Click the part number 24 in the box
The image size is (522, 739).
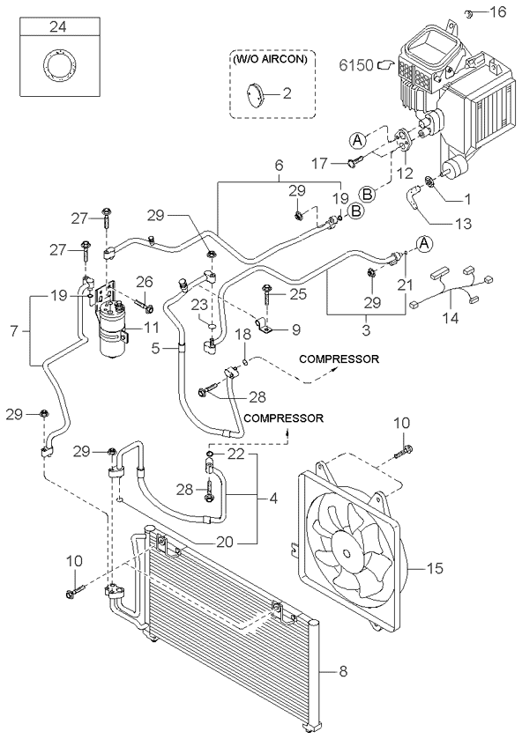pyautogui.click(x=58, y=27)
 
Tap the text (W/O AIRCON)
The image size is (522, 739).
pyautogui.click(x=270, y=60)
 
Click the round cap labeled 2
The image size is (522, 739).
pyautogui.click(x=256, y=93)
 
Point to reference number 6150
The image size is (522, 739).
pyautogui.click(x=356, y=64)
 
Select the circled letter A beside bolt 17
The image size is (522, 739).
pyautogui.click(x=358, y=139)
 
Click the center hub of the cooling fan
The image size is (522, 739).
pyautogui.click(x=347, y=551)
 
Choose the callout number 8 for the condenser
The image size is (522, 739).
pyautogui.click(x=343, y=670)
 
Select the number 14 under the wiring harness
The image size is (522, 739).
pyautogui.click(x=451, y=318)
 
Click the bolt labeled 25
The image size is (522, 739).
pyautogui.click(x=266, y=292)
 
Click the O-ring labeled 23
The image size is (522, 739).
pyautogui.click(x=213, y=326)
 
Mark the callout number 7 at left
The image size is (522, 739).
pyautogui.click(x=13, y=332)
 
